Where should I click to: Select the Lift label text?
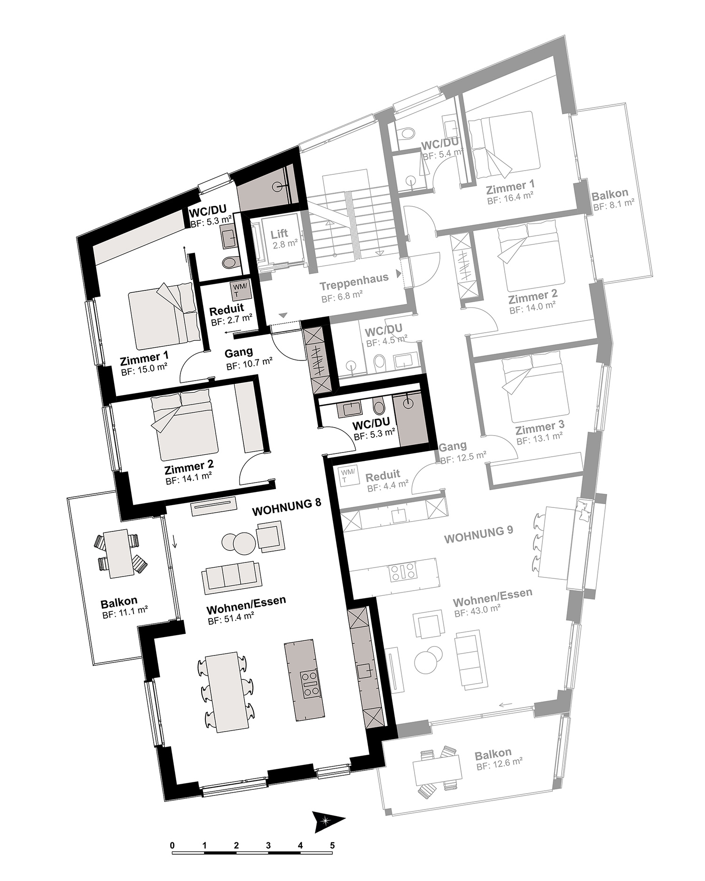tap(279, 234)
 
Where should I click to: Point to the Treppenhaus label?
tap(354, 277)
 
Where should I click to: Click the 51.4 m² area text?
tap(231, 621)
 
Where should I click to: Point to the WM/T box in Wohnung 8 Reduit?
tap(240, 291)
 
